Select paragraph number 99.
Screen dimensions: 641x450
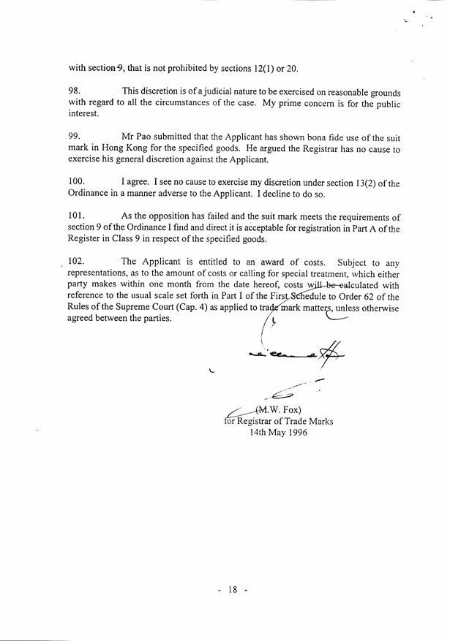[75, 137]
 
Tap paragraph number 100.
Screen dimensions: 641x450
[77, 183]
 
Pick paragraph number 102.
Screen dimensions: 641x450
[77, 261]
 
